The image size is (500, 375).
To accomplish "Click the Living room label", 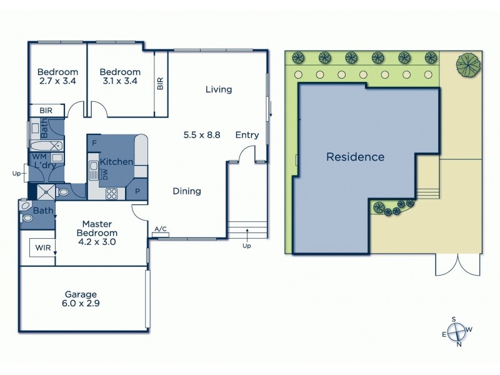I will click(219, 89).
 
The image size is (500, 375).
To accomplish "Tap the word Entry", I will click(247, 135).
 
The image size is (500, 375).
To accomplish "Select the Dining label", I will click(187, 191).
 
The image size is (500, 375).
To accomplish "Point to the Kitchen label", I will click(116, 162).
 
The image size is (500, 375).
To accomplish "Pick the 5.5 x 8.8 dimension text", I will click(202, 134).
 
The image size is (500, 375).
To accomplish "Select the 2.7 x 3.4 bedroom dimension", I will click(57, 81).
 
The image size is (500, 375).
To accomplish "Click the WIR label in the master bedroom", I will click(43, 247).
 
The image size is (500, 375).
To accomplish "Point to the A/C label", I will click(160, 229).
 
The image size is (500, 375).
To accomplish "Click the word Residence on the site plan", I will click(355, 157).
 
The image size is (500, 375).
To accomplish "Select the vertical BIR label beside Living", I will click(161, 84).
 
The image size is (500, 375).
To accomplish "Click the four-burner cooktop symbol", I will click(112, 193).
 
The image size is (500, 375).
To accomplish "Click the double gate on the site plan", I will click(458, 265).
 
